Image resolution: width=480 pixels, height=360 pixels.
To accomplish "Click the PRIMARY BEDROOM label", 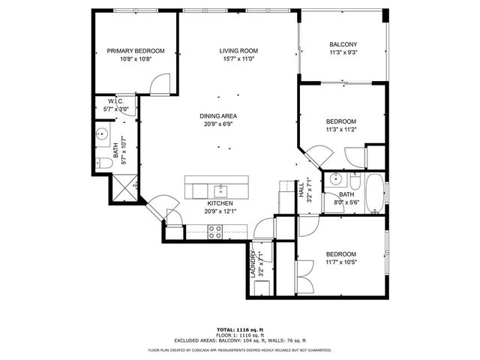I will pos(135,51).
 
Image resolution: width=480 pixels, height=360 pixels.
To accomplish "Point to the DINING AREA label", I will pos(218,115).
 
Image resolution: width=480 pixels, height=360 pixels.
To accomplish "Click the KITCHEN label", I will pos(219,203).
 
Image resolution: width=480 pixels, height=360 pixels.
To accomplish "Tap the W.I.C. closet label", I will pos(115,101).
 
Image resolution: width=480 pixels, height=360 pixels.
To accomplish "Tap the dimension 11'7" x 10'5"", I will pos(340,262).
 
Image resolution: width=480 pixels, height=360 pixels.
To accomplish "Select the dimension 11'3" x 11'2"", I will pos(340,129).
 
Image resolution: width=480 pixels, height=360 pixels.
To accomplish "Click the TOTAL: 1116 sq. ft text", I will pos(239,329).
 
